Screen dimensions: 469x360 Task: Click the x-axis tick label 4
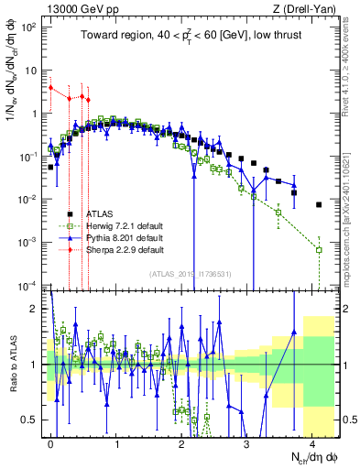[x=311, y=442]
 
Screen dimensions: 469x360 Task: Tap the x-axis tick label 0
[x=50, y=442]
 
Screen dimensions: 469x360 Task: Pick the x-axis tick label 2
[x=181, y=442]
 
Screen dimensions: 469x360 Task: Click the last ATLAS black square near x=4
[x=318, y=205]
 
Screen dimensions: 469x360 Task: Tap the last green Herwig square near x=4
[x=318, y=249]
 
